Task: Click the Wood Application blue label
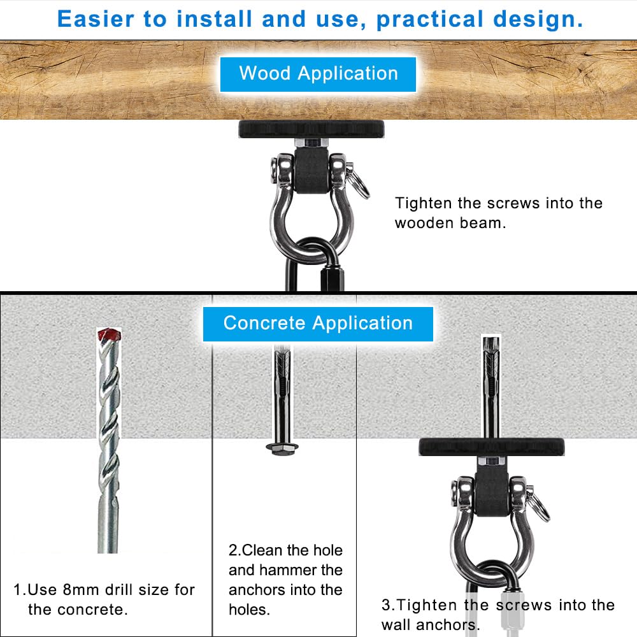click(318, 73)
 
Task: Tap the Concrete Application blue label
click(318, 323)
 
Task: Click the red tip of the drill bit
click(108, 334)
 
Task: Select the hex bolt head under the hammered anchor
click(281, 447)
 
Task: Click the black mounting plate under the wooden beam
click(311, 129)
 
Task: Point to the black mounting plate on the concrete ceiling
click(492, 447)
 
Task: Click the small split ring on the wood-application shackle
click(360, 189)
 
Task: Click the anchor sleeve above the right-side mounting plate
click(490, 382)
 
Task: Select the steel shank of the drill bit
click(108, 516)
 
